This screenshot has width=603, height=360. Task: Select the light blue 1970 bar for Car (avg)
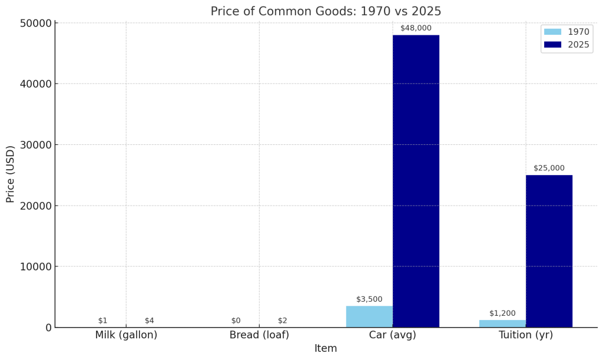pos(369,316)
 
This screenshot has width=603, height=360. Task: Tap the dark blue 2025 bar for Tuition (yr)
pos(549,251)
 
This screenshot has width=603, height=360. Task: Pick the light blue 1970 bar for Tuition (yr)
pos(502,323)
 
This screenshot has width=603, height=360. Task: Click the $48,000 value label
pos(416,28)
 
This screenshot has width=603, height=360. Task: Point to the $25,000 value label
pos(549,169)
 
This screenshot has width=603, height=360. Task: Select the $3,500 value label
pos(369,299)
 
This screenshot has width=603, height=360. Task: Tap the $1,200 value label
pos(502,313)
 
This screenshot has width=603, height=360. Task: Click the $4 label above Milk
pos(150,321)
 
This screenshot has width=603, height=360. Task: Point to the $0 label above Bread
pos(236,321)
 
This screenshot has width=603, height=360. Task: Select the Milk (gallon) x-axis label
pos(126,335)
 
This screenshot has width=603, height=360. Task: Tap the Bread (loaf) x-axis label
pos(259,335)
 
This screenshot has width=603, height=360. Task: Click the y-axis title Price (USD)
pos(11,174)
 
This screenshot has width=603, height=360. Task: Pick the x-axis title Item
pos(326,348)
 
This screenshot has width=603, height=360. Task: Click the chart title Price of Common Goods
pos(326,11)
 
